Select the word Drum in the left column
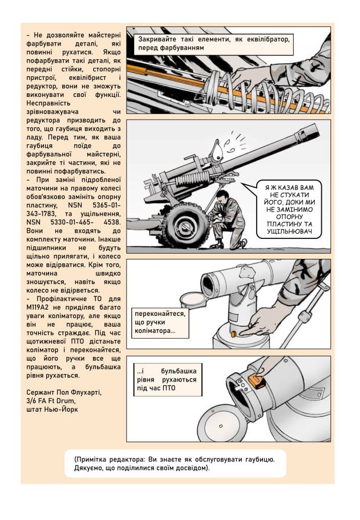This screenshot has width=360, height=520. tap(69, 401)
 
